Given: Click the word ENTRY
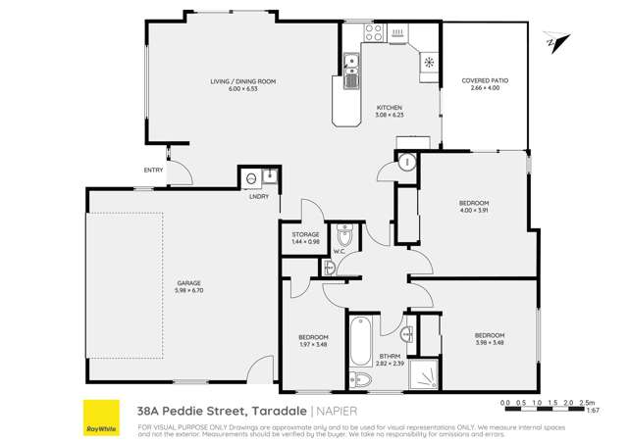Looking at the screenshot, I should coord(153,171).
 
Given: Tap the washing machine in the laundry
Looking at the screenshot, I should coord(251,177).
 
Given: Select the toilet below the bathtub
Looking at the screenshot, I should coord(358,381).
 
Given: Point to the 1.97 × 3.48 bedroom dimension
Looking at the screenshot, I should coord(313,345).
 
